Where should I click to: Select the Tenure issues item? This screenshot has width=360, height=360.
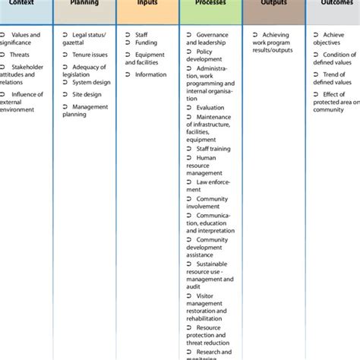89,55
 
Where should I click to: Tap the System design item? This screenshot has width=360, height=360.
91,82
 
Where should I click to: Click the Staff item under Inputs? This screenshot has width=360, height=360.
141,35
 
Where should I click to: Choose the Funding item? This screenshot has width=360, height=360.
146,43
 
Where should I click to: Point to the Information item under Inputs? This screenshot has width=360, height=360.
150,74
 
